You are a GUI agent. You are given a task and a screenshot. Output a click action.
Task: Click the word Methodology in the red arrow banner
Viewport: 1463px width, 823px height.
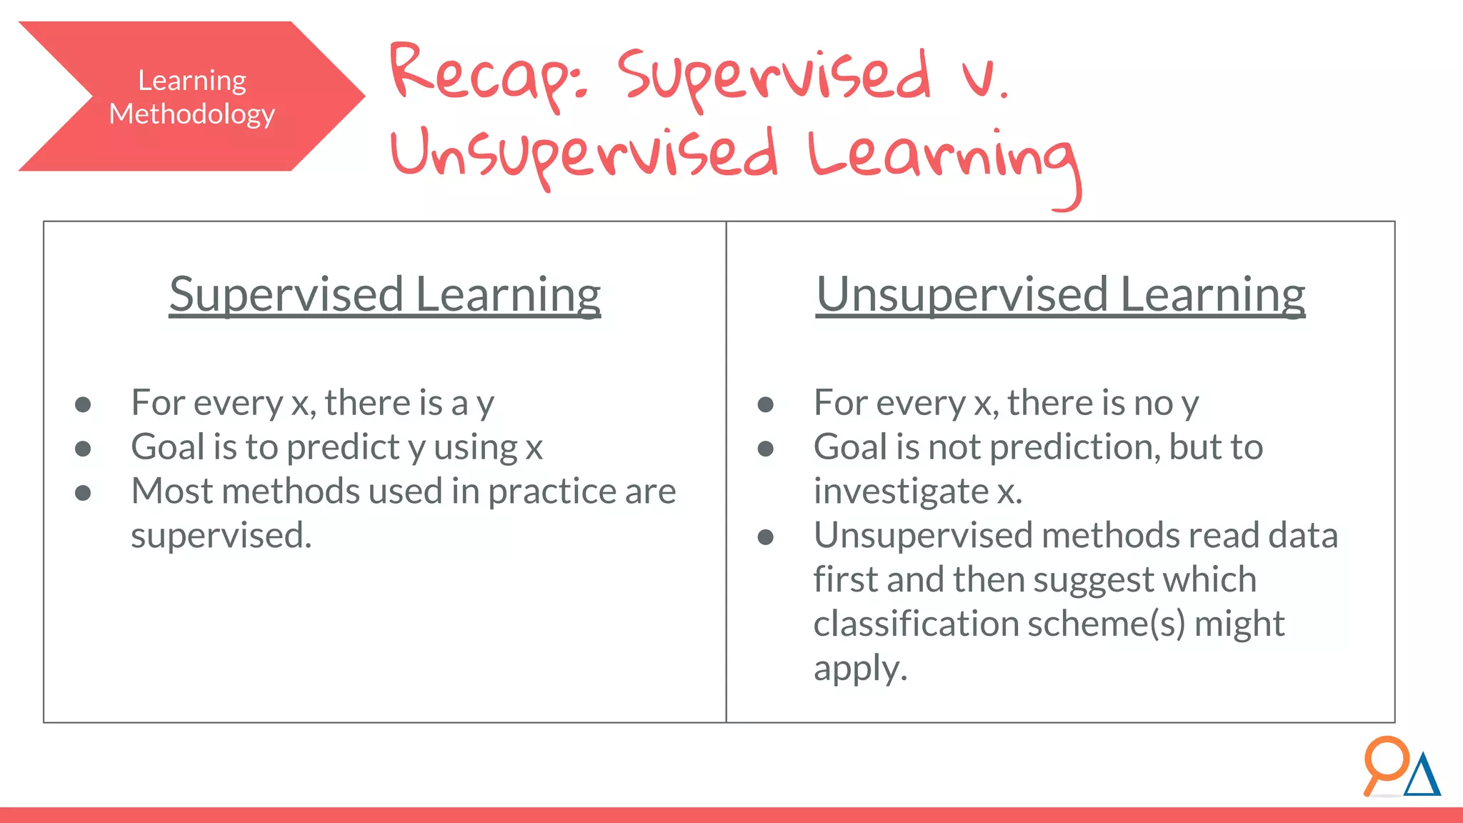point(191,114)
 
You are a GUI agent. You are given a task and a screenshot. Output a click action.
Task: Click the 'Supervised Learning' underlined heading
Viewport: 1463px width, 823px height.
point(385,294)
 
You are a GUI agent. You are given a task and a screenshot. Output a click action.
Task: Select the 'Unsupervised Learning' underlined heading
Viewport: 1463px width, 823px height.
point(1061,294)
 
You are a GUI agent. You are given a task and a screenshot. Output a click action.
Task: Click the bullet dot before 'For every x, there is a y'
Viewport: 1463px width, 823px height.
point(83,405)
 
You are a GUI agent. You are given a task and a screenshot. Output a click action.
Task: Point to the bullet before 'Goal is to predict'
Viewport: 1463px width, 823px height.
point(83,449)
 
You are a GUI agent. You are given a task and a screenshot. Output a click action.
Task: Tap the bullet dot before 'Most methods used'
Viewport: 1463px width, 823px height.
point(83,493)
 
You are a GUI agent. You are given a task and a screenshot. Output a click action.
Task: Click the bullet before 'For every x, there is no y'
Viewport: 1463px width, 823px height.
point(766,405)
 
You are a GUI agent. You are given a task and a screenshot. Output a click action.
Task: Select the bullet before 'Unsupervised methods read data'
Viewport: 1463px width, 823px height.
point(766,537)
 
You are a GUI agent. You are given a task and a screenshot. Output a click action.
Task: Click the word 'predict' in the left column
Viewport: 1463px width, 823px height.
point(343,448)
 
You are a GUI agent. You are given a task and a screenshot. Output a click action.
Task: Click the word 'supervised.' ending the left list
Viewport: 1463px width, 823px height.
point(221,536)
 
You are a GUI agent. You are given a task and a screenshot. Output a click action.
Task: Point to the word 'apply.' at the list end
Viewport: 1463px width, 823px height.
point(860,669)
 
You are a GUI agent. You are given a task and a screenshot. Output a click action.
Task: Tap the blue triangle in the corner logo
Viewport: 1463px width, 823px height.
point(1422,777)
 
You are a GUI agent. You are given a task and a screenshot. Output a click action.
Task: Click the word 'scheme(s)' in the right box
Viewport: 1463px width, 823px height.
point(1106,624)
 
